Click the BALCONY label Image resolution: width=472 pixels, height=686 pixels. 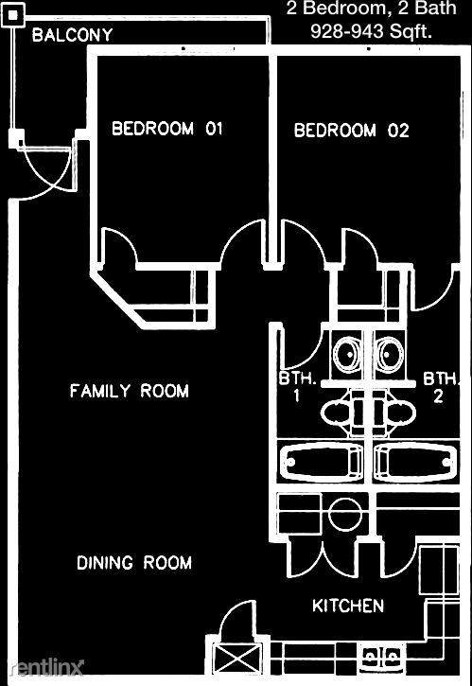[x=73, y=36]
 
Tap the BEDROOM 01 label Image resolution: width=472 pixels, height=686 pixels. [x=167, y=129]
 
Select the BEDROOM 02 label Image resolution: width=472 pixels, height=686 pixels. [x=351, y=131]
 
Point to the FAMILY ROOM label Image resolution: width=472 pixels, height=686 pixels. [x=129, y=391]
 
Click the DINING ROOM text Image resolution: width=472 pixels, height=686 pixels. [x=134, y=563]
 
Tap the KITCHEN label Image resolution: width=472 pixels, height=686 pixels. [x=348, y=606]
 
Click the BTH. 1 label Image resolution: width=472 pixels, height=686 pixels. [x=295, y=387]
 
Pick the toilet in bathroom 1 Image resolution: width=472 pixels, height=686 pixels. [x=338, y=413]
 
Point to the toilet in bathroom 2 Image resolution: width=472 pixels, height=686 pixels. [x=396, y=413]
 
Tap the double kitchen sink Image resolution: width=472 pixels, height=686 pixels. [x=381, y=655]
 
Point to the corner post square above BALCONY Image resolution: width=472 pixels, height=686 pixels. [x=12, y=19]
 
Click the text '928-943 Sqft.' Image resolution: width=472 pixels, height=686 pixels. [x=372, y=31]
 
